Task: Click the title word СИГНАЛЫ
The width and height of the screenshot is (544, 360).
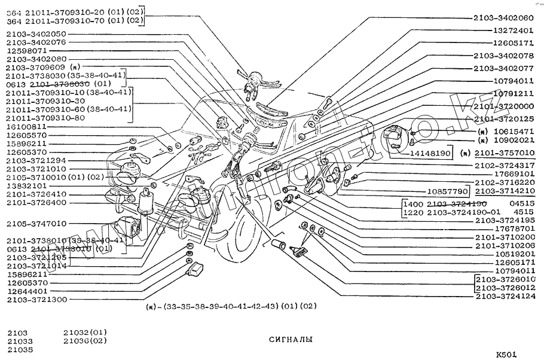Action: [x=290, y=339]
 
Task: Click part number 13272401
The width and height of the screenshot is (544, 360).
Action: [x=513, y=30]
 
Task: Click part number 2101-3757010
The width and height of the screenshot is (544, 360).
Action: [x=505, y=153]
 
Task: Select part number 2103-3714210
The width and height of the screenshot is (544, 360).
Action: [x=505, y=191]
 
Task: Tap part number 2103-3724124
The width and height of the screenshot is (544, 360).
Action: [x=505, y=296]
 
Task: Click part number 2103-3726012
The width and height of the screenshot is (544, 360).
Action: [x=506, y=288]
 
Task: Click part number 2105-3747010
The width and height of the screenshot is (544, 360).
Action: [x=37, y=224]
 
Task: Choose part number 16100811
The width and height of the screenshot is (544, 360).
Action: [x=26, y=127]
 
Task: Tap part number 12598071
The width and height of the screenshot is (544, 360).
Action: [x=26, y=51]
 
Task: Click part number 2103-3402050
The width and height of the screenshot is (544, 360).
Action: [x=37, y=34]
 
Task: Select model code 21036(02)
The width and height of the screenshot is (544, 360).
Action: [x=85, y=341]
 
